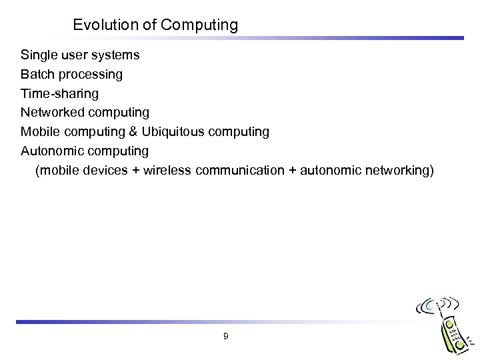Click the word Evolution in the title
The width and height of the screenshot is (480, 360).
coord(100,25)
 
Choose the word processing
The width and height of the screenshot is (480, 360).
coord(90,75)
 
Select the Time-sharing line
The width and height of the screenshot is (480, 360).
coord(59,94)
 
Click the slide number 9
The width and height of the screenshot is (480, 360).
coord(226,337)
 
